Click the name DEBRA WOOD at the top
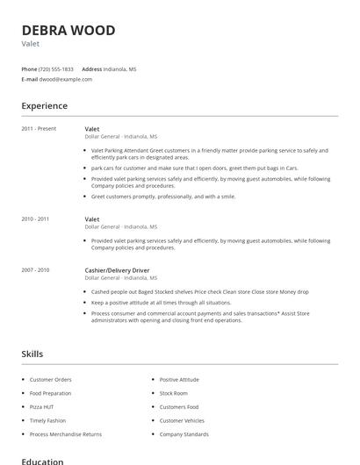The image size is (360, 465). point(68,31)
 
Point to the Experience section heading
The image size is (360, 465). point(45,106)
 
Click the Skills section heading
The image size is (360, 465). point(32,354)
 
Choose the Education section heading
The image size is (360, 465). point(42,461)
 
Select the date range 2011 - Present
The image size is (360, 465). point(39,129)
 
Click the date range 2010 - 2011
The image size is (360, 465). point(35,218)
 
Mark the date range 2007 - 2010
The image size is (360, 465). point(35,269)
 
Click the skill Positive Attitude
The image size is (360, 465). point(180,379)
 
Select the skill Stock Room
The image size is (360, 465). point(174,393)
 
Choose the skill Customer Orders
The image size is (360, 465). point(52,379)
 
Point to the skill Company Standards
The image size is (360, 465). point(184,434)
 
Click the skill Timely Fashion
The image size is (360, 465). point(48,420)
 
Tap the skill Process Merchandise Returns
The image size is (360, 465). point(66,434)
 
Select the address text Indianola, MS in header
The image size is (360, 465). point(119,68)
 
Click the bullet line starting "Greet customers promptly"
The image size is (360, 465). point(164,197)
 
